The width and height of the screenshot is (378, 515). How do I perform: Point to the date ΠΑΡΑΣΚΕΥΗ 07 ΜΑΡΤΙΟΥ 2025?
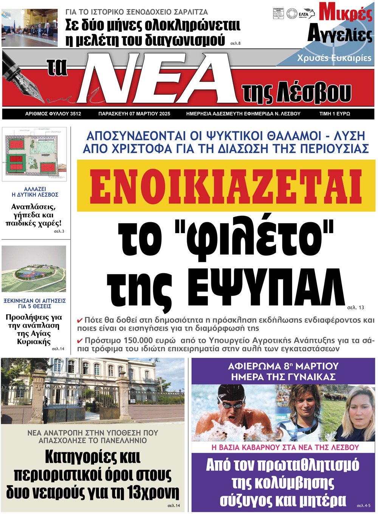134,114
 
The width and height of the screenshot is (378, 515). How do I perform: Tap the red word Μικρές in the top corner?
345,12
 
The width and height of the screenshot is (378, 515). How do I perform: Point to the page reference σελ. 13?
355,308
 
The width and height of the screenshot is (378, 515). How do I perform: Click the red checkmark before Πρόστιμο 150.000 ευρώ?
80,341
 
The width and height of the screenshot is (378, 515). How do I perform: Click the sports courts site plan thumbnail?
34,154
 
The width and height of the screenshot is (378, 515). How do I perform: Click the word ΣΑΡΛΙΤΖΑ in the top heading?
189,12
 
